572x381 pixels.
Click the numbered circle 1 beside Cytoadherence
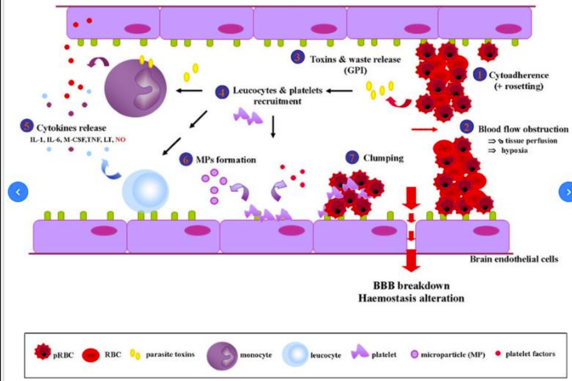click(480, 75)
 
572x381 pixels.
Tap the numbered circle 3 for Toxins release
click(297, 57)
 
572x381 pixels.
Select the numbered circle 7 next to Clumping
click(352, 157)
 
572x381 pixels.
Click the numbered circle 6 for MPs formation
click(186, 160)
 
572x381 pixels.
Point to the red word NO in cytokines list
click(120, 140)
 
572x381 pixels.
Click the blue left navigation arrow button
click(18, 192)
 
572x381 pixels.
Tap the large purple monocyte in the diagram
click(136, 88)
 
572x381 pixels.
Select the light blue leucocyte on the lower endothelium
click(145, 190)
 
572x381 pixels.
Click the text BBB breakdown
click(411, 285)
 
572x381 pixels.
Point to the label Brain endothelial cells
click(514, 259)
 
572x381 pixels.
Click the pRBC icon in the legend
click(43, 352)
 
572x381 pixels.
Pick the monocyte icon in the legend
click(222, 356)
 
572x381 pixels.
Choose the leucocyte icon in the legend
click(295, 355)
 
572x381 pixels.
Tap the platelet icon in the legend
click(359, 352)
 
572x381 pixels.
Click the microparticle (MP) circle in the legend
click(414, 354)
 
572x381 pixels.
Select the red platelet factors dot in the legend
click(498, 353)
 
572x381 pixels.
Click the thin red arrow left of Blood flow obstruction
click(424, 129)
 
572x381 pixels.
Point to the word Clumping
click(383, 158)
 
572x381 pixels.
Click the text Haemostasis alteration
click(411, 298)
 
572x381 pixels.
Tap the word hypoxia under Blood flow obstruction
click(514, 150)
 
